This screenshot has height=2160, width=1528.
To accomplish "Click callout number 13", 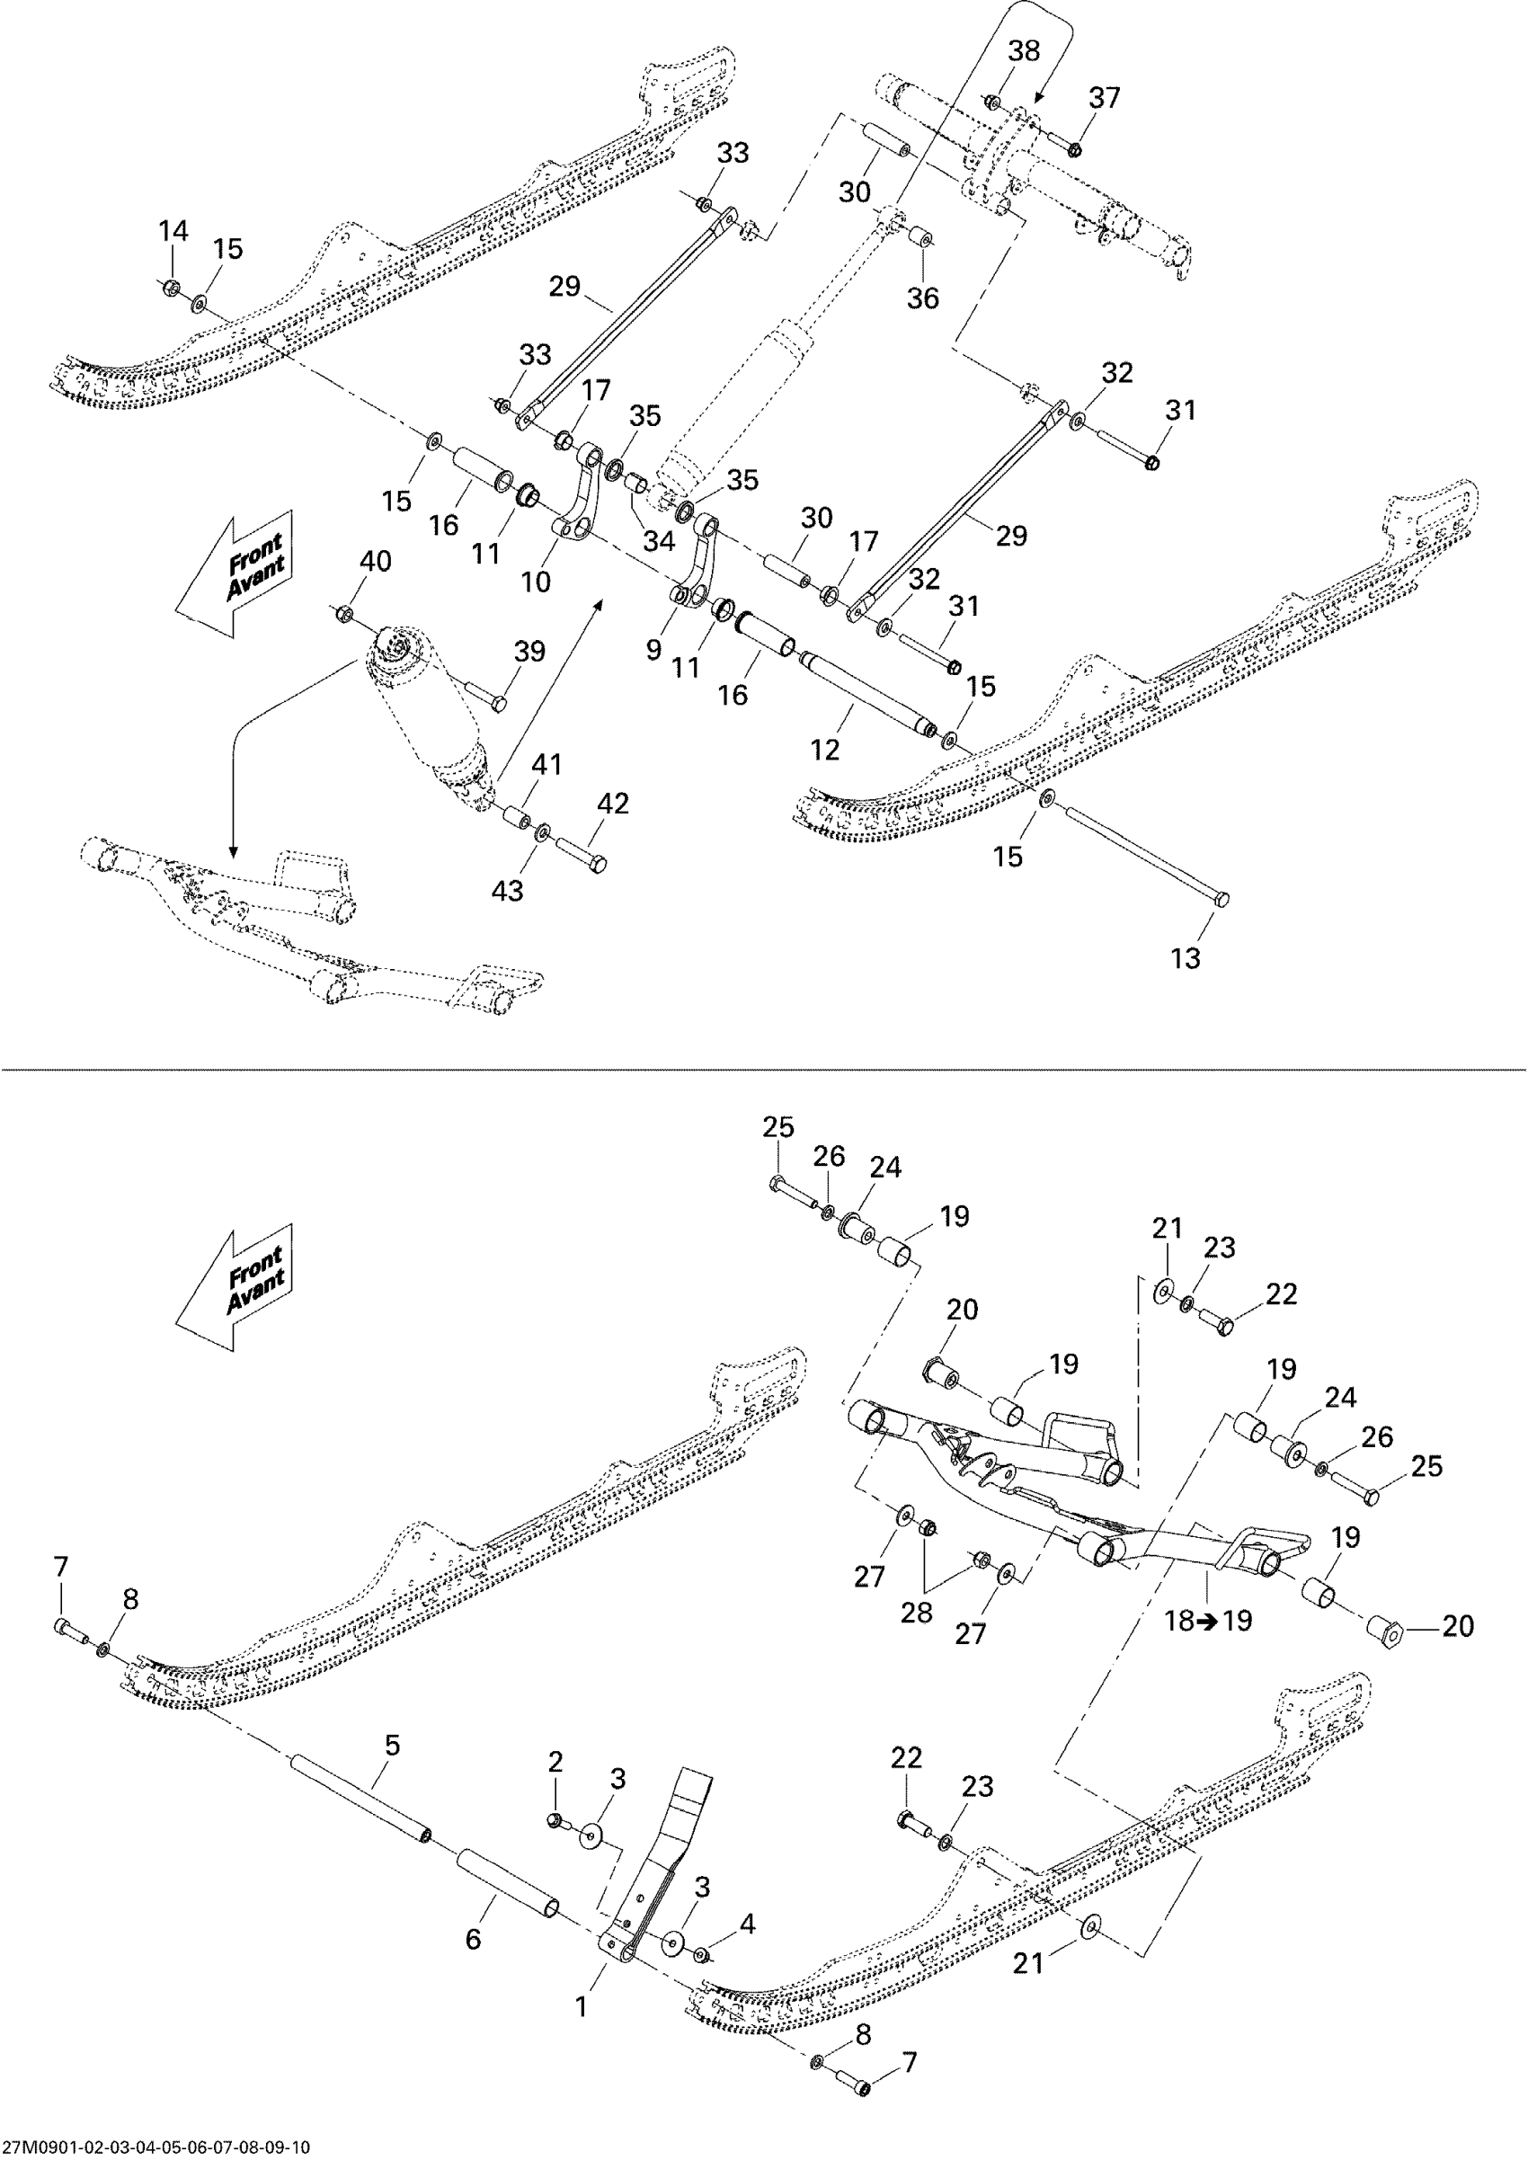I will point(1186,957).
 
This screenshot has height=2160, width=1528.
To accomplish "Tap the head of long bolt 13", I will point(1222,900).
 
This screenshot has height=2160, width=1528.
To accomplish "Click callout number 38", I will point(1024,51).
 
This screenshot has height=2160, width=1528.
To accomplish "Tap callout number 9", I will point(654,648).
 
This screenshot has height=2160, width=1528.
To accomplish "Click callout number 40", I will point(376,561).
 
